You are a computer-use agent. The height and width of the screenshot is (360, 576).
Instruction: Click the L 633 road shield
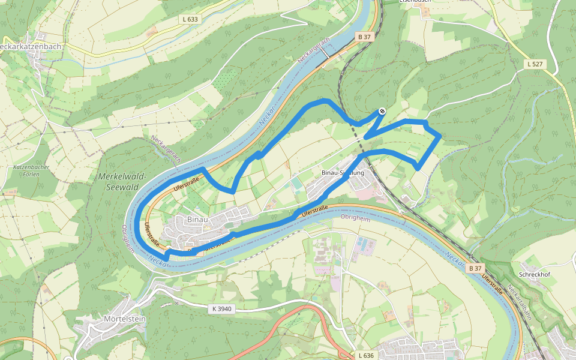coord(190,19)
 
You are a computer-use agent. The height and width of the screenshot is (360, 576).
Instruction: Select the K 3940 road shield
coord(221,309)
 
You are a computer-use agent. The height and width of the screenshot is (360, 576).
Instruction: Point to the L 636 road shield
coord(365,355)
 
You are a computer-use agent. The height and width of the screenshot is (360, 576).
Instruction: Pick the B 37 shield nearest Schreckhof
coord(475,268)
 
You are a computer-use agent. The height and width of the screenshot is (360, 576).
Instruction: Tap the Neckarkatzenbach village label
coord(31,46)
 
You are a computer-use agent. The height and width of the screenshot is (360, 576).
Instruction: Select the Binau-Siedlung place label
coord(343,173)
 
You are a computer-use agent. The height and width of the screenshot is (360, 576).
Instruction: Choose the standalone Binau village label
coord(197,220)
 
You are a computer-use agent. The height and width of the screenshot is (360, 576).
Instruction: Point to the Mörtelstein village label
coord(125,319)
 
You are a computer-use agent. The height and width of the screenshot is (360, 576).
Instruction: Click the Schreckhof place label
coord(535,274)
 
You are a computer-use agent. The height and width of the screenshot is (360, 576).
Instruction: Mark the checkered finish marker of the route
coord(382,111)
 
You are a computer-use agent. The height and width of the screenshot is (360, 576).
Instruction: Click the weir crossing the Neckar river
coord(324,54)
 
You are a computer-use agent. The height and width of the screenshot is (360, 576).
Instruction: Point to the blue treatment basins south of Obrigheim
coord(365,243)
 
